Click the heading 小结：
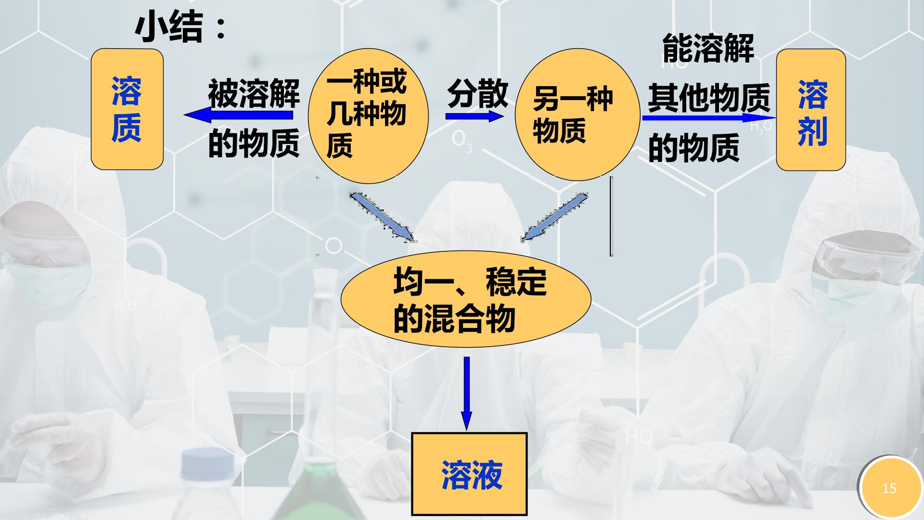click(x=180, y=27)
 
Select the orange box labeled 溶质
click(x=127, y=109)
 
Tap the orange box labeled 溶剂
click(x=811, y=110)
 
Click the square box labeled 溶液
click(x=469, y=474)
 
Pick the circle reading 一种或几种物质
click(x=368, y=116)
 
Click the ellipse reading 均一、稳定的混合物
click(x=466, y=299)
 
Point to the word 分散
click(x=477, y=93)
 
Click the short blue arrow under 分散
click(x=475, y=116)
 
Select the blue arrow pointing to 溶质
click(x=238, y=115)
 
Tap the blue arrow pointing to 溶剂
click(x=709, y=117)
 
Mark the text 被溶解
click(x=254, y=93)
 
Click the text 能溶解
click(x=708, y=49)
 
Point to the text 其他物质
click(x=708, y=98)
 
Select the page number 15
click(x=889, y=489)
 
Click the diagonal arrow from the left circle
click(x=382, y=217)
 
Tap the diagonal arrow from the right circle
click(x=555, y=217)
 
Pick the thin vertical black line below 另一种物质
click(x=611, y=216)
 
